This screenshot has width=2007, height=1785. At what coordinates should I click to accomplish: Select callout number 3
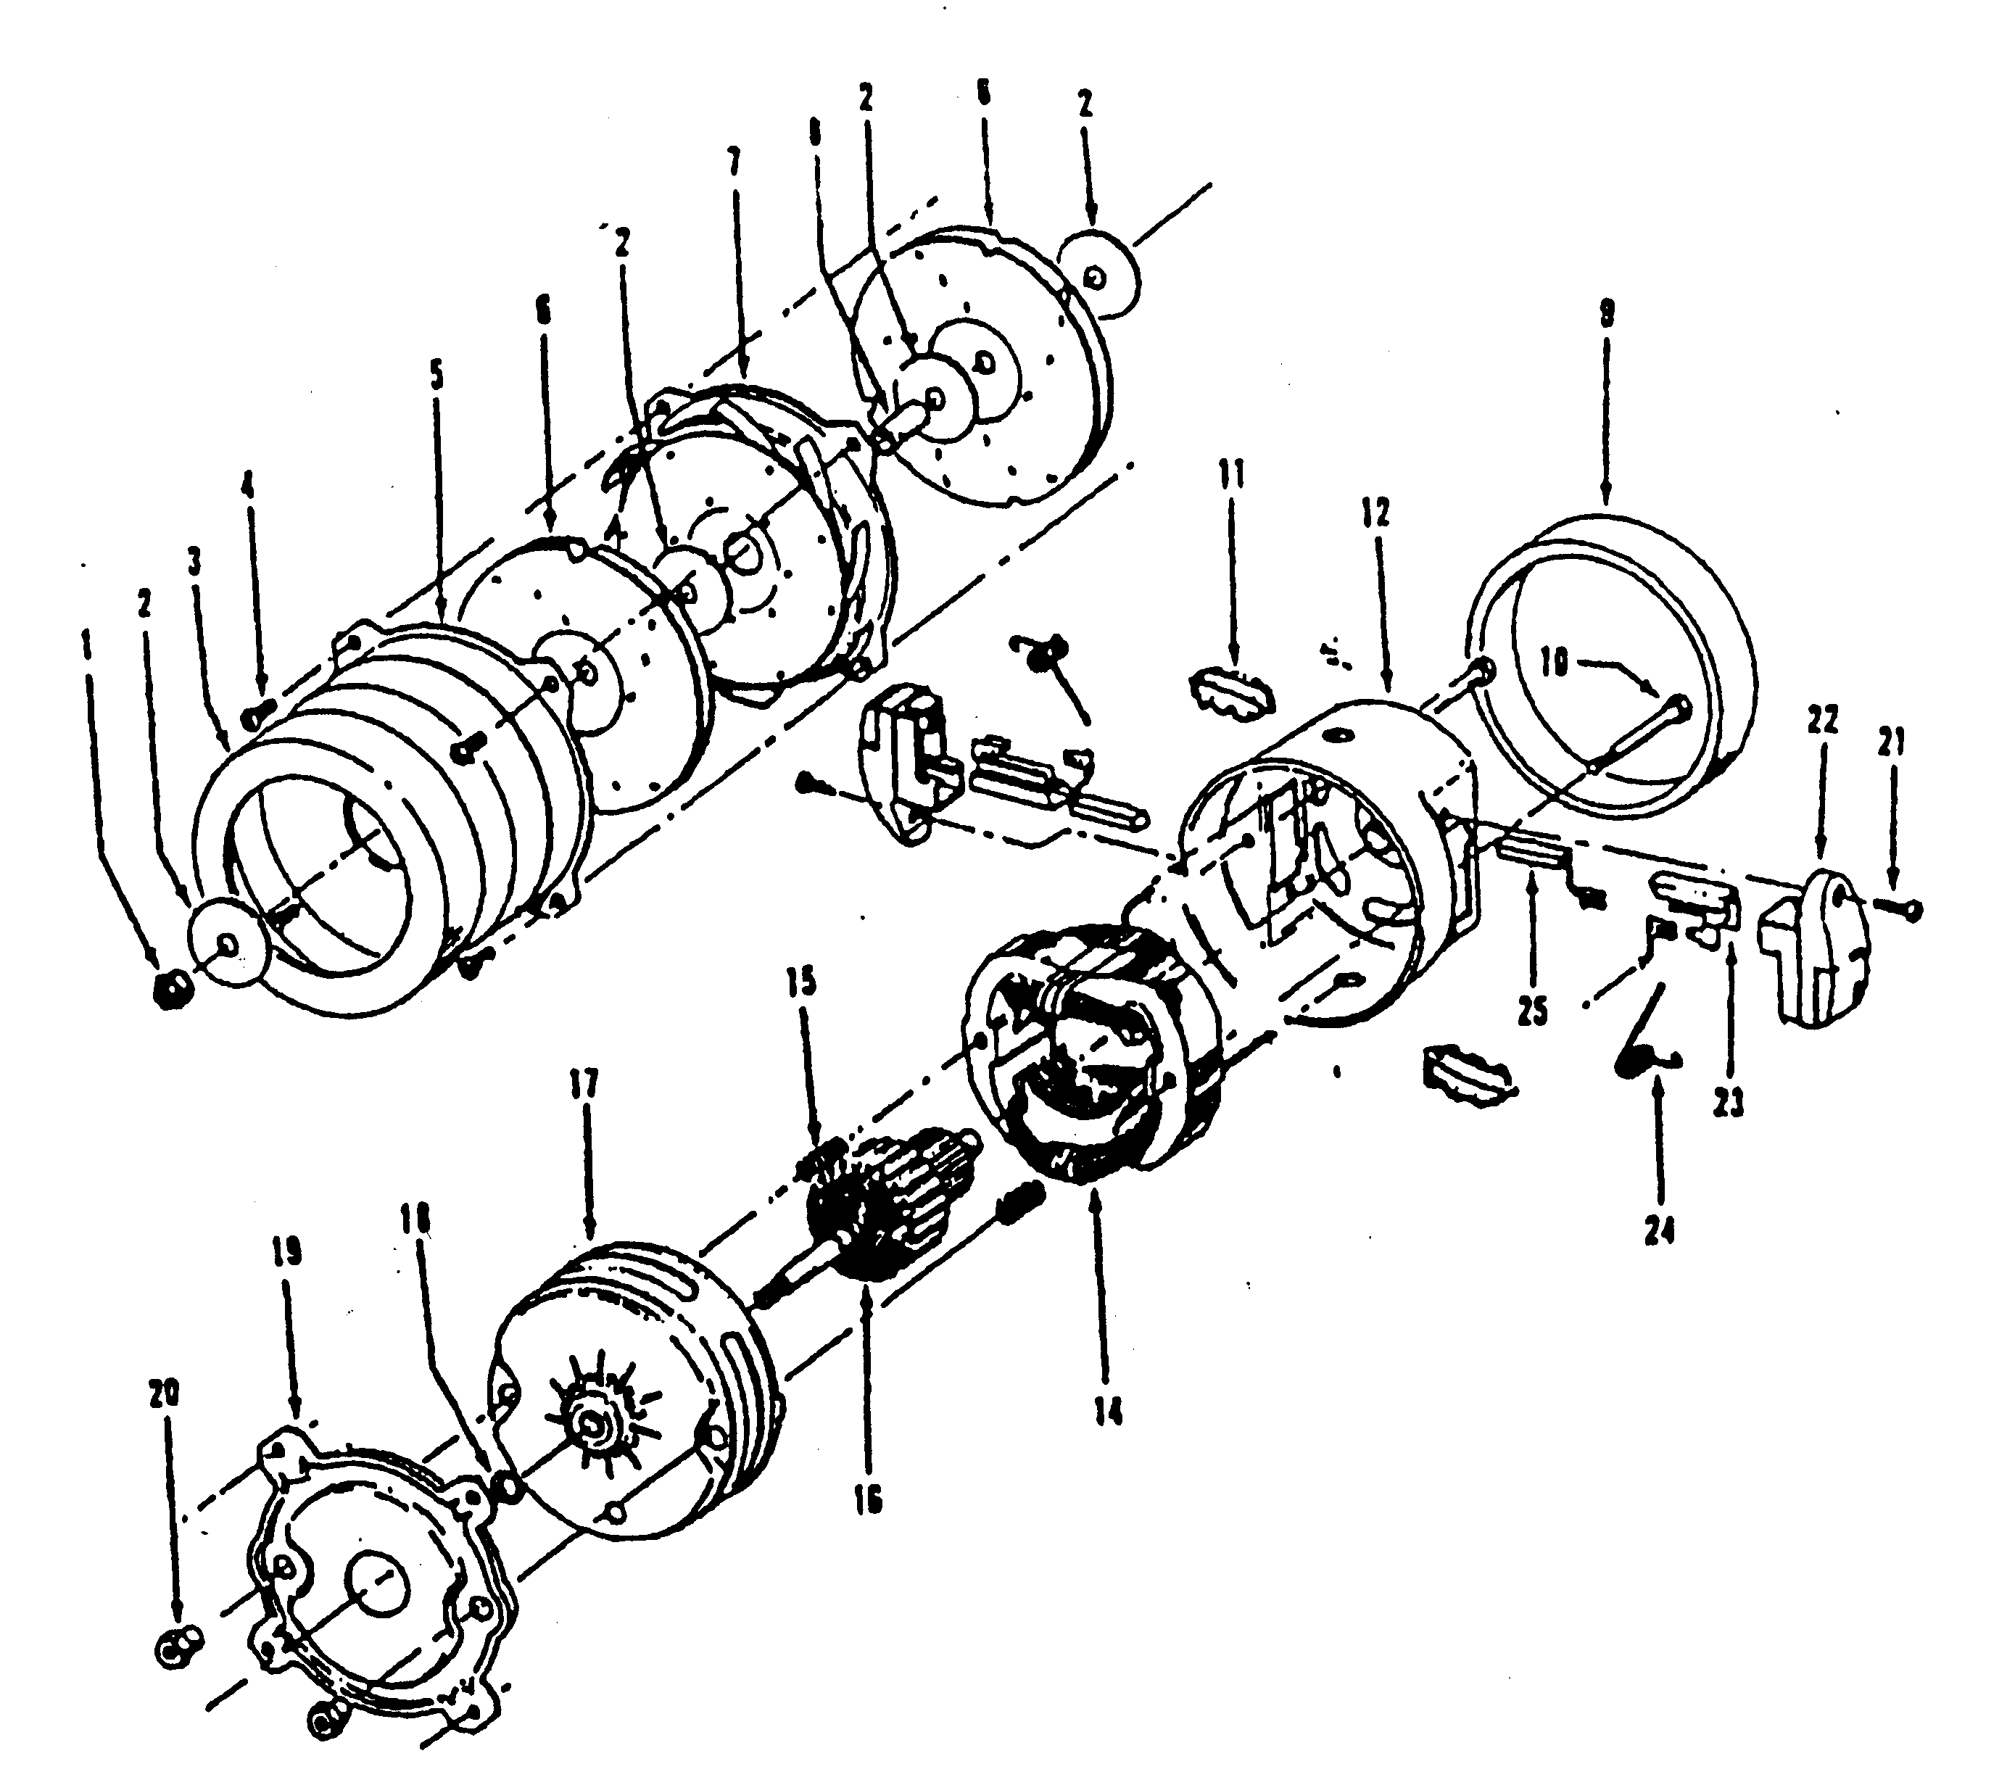coord(194,563)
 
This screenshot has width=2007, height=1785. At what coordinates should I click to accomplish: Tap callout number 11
coord(1231,475)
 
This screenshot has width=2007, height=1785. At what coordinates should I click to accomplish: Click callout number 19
coord(289,1253)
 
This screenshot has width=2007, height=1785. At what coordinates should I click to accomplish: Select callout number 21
coord(1891,743)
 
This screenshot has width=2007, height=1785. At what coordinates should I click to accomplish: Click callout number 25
coord(1533,1011)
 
